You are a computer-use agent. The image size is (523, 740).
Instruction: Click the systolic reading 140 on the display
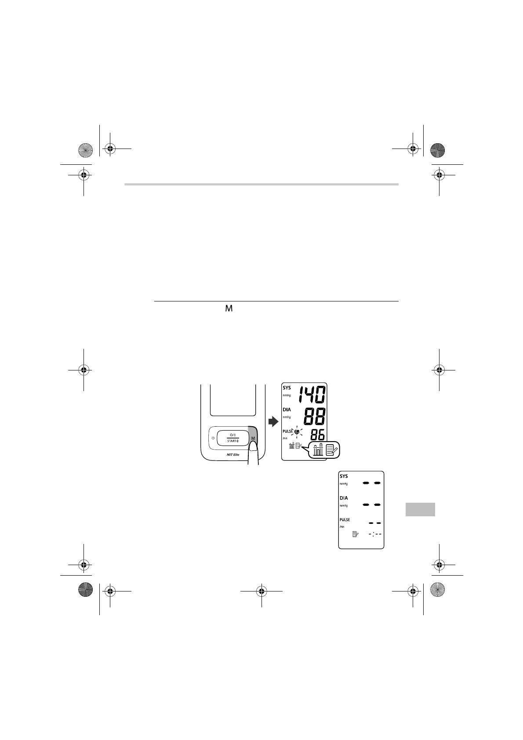312,395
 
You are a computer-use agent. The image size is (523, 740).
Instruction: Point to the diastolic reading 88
315,416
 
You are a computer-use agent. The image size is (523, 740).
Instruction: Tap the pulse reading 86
317,435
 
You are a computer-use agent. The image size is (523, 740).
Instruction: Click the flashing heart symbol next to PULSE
297,432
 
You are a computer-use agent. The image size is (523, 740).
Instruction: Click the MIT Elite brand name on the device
233,454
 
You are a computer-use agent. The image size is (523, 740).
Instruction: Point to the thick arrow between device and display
273,421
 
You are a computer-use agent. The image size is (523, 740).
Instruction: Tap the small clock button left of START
213,438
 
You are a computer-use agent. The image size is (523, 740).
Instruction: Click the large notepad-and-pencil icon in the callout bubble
331,450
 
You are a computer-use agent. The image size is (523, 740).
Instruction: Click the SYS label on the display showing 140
287,388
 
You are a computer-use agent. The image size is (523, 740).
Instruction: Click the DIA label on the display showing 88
287,410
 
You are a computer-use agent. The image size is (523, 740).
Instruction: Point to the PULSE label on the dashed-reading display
345,520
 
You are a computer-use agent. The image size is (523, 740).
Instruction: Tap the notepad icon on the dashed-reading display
356,534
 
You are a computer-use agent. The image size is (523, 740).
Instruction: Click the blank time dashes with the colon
375,534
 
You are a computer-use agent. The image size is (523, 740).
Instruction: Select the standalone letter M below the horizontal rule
229,308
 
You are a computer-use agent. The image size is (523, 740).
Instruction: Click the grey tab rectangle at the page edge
420,509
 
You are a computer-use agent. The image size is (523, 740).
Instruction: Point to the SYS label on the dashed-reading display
344,476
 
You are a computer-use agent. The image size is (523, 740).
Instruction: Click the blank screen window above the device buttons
233,400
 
